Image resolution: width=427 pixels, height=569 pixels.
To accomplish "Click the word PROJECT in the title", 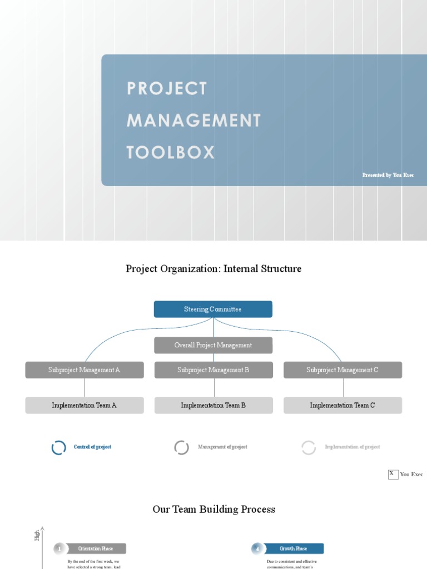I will point(167,88).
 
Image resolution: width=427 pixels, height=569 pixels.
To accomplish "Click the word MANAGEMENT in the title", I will point(193,121).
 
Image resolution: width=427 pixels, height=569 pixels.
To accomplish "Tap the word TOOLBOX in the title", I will point(171,153).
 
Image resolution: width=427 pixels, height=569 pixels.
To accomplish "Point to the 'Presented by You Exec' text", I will point(388,175).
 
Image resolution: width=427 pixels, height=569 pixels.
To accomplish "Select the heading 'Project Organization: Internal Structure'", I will point(213,269).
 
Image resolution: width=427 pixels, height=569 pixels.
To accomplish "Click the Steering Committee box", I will point(213,309).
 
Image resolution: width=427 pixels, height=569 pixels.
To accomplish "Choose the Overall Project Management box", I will point(213,345).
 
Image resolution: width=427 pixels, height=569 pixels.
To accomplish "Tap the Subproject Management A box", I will point(85,370).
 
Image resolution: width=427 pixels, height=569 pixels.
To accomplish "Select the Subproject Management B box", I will point(213,370).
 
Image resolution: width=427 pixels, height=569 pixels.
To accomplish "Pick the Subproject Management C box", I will point(342,370).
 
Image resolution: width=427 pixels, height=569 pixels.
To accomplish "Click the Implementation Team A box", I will point(85,405).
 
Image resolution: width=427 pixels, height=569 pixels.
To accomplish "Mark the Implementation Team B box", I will point(213,405).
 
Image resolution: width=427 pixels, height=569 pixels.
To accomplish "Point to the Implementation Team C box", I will point(342,405).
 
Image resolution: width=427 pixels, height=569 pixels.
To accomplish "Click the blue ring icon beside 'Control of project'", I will point(58,447).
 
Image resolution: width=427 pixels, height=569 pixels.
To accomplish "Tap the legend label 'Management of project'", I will point(222,447).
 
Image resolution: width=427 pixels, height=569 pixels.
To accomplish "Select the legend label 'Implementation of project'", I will point(352,447).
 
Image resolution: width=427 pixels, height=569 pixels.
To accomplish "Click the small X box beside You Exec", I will point(393,474).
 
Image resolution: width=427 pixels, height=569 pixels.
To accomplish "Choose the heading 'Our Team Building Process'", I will point(213,510).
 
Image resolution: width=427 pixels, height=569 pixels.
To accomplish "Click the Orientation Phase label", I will point(96,548).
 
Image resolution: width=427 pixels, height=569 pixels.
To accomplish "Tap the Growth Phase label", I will point(293,548).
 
